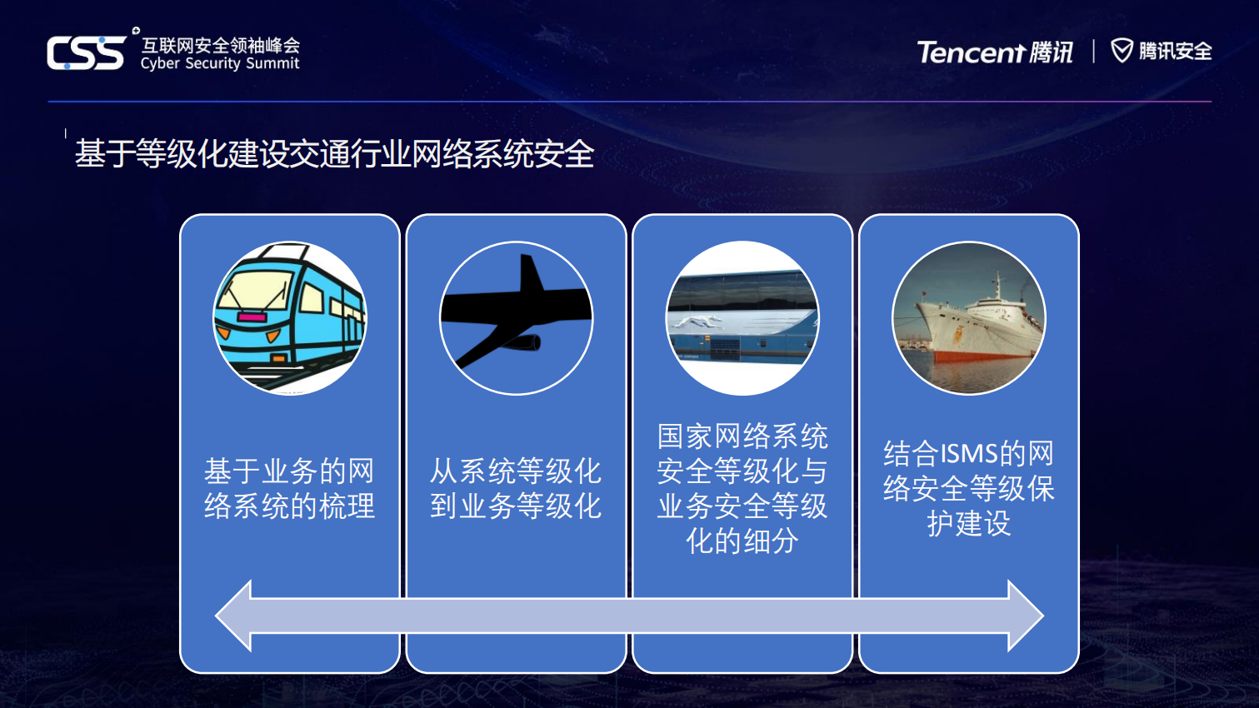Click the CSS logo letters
tap(86, 53)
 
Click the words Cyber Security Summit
tap(219, 64)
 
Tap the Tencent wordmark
tap(971, 52)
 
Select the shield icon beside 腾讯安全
tap(1122, 51)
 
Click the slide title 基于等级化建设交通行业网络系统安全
tap(334, 154)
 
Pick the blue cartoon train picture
tap(290, 318)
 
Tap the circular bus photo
tap(742, 318)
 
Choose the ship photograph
tap(969, 318)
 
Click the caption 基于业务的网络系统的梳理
tap(290, 488)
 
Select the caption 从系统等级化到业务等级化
tap(516, 488)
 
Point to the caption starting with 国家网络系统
tap(742, 488)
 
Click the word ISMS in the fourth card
tap(969, 454)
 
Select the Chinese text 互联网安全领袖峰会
tap(220, 45)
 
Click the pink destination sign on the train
tap(252, 317)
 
